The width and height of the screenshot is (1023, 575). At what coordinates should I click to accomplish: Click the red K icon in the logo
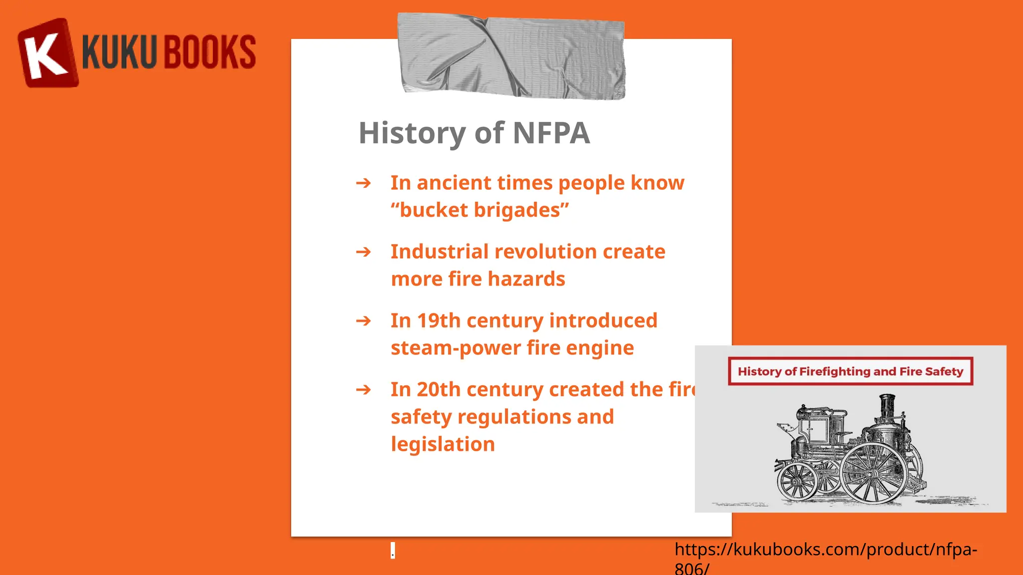47,53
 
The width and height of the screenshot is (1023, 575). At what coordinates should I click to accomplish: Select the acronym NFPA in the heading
551,133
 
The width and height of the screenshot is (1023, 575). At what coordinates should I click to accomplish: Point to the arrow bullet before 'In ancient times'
364,183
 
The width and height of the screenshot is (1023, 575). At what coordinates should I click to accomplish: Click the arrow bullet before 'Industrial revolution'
364,252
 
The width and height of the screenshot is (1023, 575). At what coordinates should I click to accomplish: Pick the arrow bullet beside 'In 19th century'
364,320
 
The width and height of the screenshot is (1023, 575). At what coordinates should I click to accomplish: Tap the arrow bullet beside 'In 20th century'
364,389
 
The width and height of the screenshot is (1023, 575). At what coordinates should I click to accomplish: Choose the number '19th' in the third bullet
439,321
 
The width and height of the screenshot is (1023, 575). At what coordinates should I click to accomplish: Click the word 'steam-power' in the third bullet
456,348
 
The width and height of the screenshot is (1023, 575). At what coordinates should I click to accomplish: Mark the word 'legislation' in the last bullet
443,444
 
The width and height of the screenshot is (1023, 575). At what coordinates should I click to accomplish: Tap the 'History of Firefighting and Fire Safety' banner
850,371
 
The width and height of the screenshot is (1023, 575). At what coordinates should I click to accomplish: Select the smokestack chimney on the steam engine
887,407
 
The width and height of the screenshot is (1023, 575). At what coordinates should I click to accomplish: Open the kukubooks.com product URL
825,550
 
